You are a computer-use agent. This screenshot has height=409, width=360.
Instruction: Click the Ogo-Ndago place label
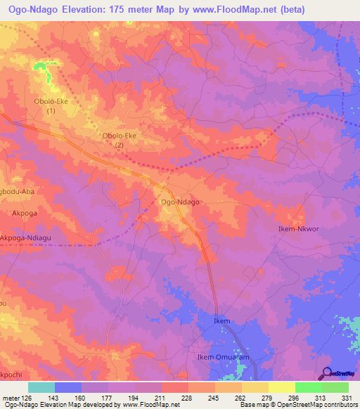[x=181, y=202]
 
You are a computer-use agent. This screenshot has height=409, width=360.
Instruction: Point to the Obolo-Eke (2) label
[x=120, y=140]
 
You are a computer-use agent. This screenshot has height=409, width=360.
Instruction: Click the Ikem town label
[x=221, y=321]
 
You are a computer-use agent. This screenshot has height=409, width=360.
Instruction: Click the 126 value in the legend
[x=27, y=398]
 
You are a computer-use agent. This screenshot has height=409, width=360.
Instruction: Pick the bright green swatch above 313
[x=308, y=387]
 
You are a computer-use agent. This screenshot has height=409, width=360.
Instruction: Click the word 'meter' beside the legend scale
[x=10, y=398]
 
